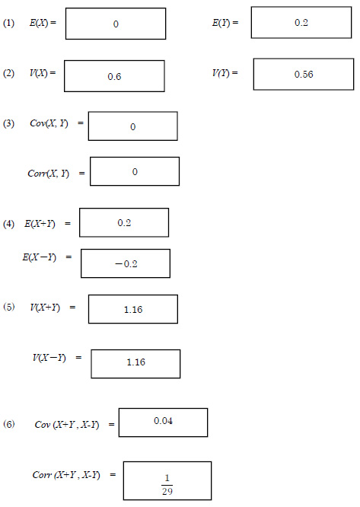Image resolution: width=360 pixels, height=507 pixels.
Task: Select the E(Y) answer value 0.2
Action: [301, 23]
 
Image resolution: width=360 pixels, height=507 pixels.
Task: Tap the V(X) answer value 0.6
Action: [114, 77]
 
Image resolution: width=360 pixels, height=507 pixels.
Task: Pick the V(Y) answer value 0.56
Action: [304, 75]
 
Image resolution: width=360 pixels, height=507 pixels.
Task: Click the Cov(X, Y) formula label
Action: [49, 123]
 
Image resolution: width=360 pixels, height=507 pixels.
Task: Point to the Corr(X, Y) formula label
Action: [49, 174]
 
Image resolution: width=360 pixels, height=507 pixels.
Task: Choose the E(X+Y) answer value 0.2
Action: [124, 223]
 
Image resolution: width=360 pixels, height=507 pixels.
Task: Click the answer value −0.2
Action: [126, 264]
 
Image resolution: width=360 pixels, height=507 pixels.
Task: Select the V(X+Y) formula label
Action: [45, 308]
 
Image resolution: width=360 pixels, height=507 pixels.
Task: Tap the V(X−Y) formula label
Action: [49, 358]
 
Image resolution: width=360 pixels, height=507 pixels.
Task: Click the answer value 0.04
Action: [163, 421]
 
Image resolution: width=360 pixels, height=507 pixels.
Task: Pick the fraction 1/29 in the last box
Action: [167, 485]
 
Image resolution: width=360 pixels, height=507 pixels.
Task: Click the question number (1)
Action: [8, 24]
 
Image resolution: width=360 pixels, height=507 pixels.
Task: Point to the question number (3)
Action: [8, 123]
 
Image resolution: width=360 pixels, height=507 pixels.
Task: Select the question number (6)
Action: [8, 424]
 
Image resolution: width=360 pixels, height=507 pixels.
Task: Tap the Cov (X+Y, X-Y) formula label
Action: [67, 425]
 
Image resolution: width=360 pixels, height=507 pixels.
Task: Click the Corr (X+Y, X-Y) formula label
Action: [66, 475]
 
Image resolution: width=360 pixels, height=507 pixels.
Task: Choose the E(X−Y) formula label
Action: [39, 257]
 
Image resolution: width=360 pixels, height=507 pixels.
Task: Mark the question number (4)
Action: [8, 224]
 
